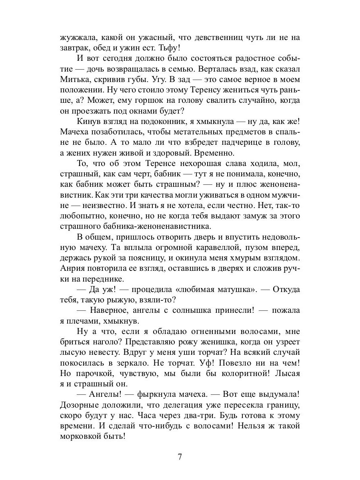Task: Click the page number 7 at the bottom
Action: (x=180, y=456)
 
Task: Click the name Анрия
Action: (x=72, y=268)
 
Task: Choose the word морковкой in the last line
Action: (x=83, y=436)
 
